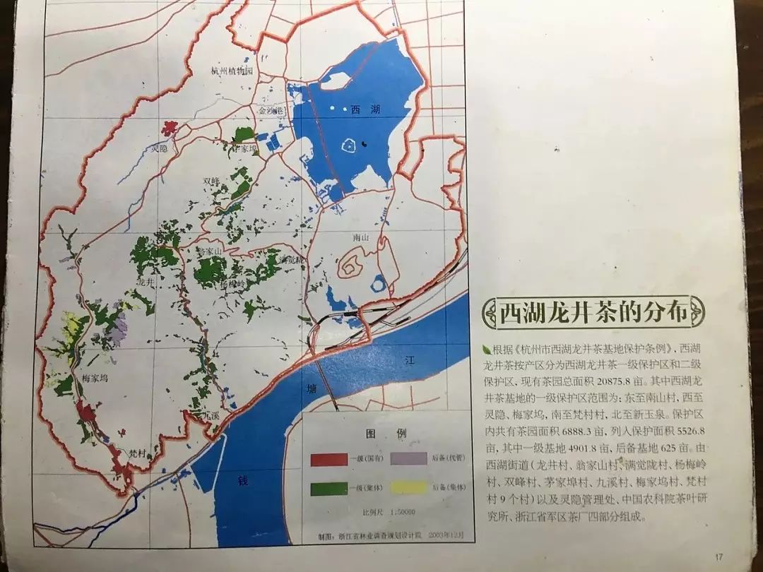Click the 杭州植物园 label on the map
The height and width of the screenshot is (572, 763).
click(x=232, y=71)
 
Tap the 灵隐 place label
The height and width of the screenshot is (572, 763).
click(x=160, y=149)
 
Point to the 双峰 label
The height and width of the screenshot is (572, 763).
click(x=212, y=181)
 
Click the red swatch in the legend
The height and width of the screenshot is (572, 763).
click(x=329, y=460)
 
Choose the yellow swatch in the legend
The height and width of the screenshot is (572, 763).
click(x=407, y=487)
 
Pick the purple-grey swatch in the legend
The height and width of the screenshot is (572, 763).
click(x=407, y=460)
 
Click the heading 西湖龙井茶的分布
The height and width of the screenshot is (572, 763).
click(x=593, y=313)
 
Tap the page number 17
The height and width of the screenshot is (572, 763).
click(x=719, y=555)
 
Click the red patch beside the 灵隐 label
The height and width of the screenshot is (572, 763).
click(x=168, y=129)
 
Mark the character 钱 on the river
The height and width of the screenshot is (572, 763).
click(x=243, y=481)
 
